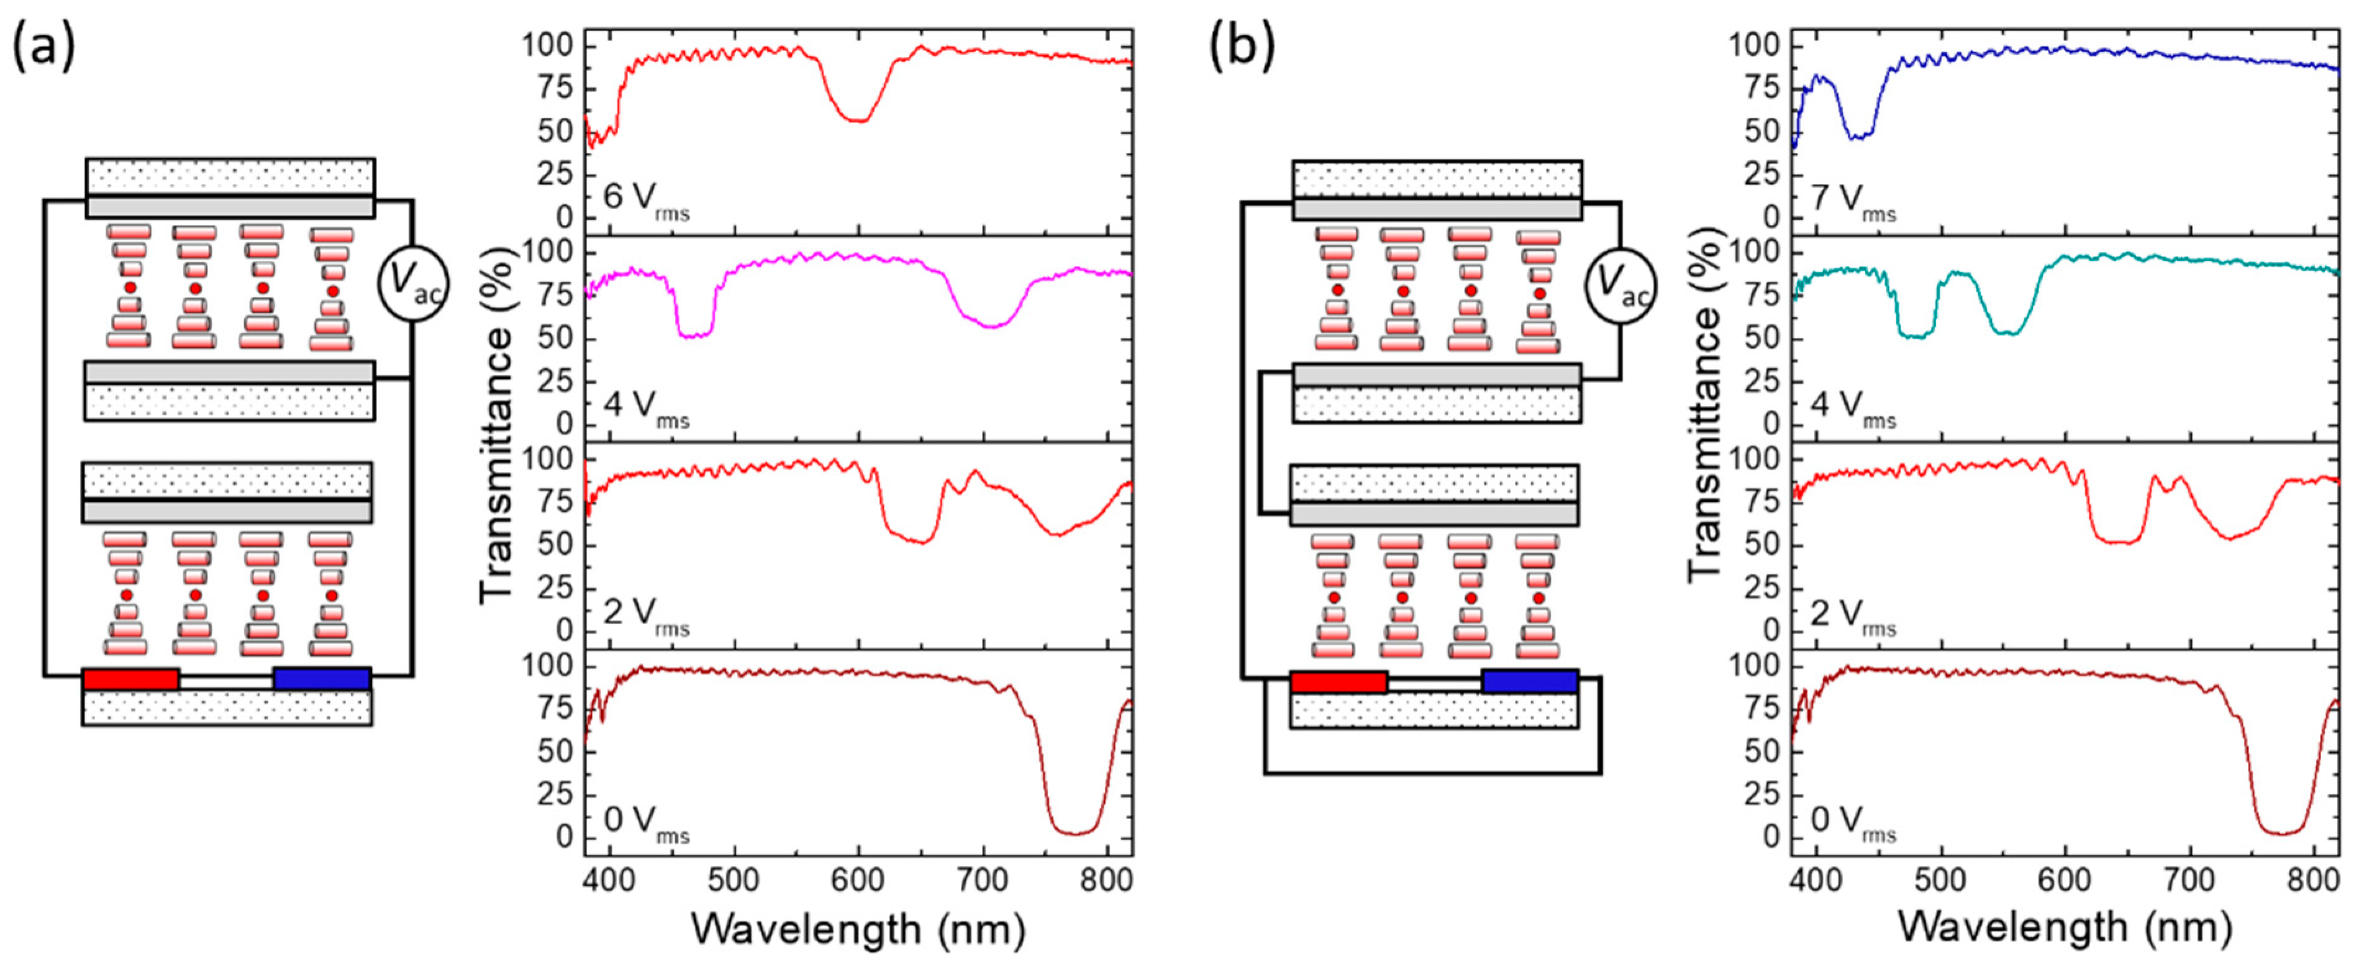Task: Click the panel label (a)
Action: coord(43,48)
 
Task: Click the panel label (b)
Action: coord(1241,48)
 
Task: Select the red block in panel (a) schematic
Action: coord(130,679)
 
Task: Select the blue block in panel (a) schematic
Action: coord(322,679)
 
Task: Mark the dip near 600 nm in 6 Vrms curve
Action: coord(859,120)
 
